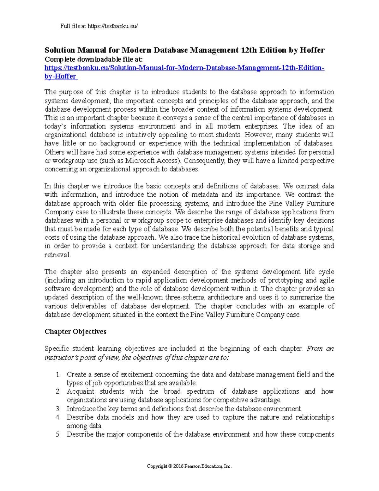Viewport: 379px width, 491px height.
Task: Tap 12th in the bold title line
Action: pyautogui.click(x=249, y=50)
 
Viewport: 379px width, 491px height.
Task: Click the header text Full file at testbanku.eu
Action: pyautogui.click(x=99, y=26)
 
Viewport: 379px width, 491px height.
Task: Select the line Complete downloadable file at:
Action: pyautogui.click(x=93, y=59)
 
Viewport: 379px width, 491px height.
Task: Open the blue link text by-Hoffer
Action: pyautogui.click(x=60, y=77)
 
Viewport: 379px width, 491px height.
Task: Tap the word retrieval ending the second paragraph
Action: pyautogui.click(x=57, y=255)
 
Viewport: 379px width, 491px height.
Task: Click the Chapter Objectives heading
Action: pyautogui.click(x=75, y=332)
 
